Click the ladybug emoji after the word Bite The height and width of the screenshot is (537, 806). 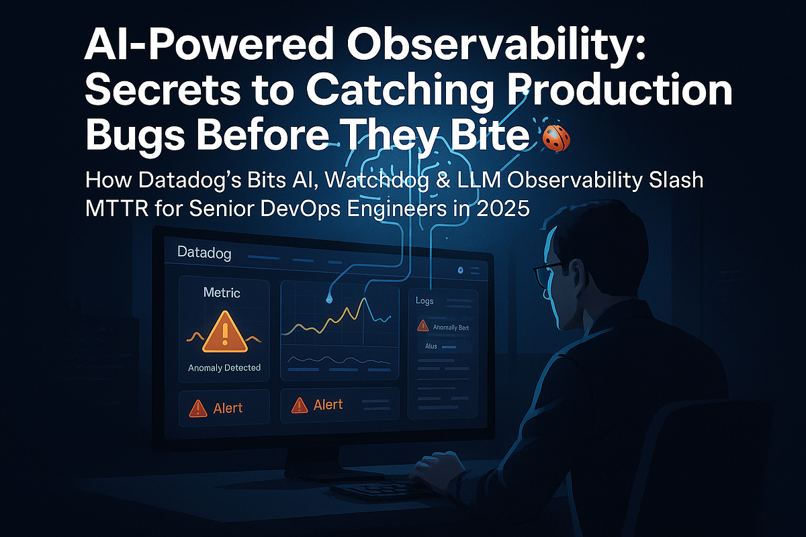(557, 140)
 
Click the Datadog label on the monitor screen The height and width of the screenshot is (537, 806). (204, 254)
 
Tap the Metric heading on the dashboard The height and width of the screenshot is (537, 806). (222, 293)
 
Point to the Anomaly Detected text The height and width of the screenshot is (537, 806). (224, 368)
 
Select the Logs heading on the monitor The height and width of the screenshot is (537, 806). (424, 301)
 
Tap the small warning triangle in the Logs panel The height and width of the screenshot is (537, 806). (423, 326)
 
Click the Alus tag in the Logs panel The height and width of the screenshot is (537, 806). (431, 346)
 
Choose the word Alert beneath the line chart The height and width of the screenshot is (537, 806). (328, 405)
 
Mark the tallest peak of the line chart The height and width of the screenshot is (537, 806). (363, 299)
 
